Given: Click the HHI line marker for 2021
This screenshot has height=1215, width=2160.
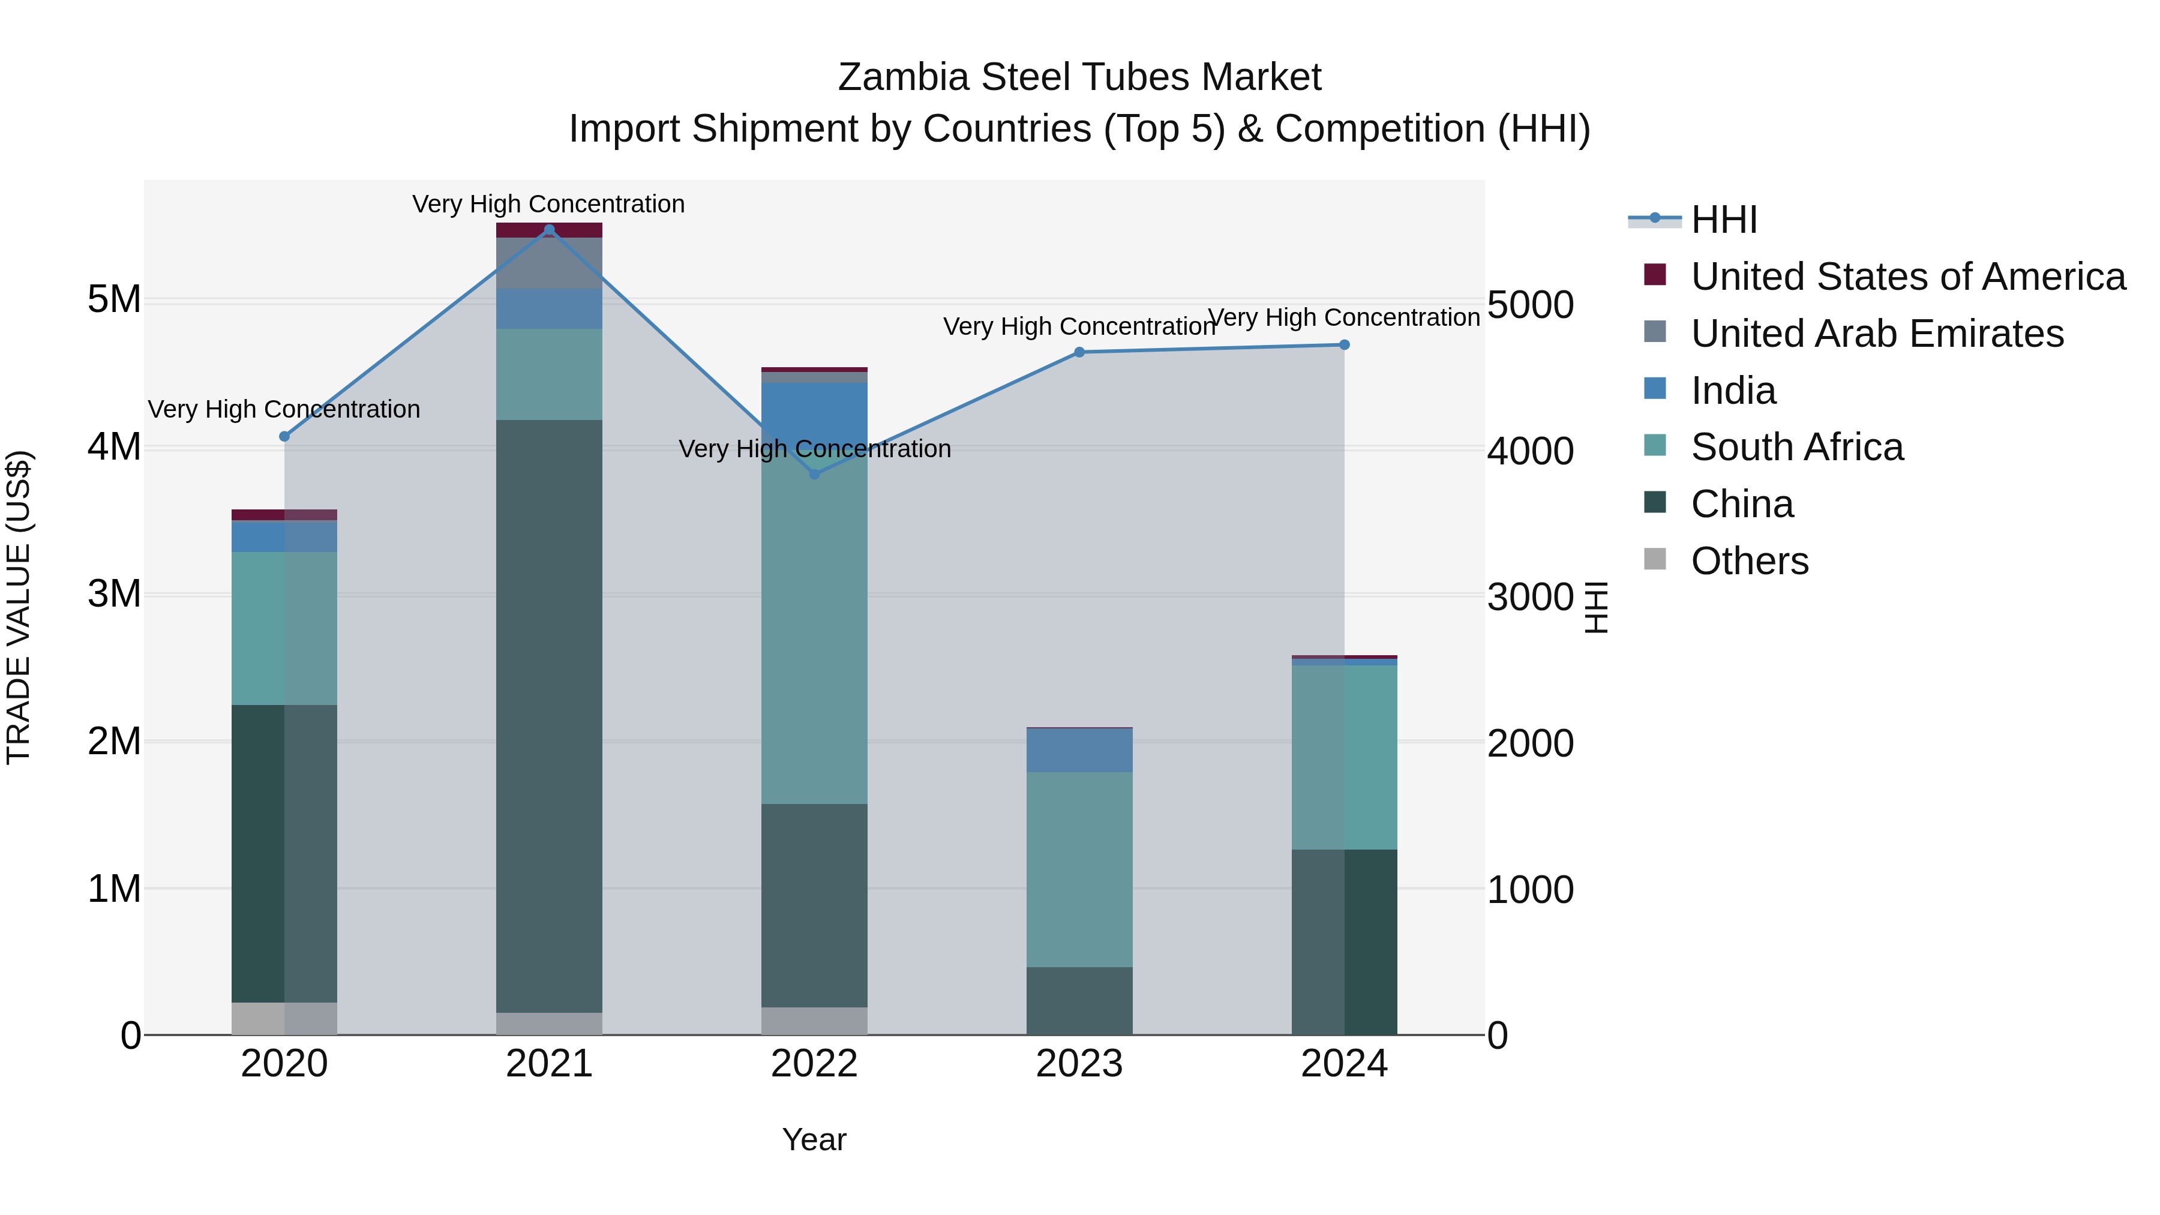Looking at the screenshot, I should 549,230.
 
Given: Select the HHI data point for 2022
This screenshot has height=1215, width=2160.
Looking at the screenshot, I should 814,474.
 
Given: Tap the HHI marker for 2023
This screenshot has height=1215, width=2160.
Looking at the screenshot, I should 1079,352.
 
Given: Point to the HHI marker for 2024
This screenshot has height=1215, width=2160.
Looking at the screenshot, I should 1344,344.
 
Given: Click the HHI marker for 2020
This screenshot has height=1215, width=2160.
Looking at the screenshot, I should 284,436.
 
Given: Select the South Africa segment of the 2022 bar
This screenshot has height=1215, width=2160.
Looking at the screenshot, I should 814,629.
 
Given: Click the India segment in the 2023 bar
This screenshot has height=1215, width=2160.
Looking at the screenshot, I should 1079,751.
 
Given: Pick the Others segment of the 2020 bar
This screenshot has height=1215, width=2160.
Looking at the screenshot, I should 284,1018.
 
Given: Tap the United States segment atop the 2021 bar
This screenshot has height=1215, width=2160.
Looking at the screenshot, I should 549,230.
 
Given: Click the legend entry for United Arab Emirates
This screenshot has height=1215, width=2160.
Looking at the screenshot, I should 1877,334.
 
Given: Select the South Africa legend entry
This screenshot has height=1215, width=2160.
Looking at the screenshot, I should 1796,447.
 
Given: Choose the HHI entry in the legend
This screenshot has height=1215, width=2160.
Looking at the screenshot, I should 1723,220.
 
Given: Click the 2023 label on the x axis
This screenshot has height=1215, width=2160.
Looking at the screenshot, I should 1079,1064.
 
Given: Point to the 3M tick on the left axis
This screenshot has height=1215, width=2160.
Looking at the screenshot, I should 114,593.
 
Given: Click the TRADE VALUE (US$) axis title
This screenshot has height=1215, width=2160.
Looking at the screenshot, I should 19,607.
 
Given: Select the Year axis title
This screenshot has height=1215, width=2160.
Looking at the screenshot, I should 814,1139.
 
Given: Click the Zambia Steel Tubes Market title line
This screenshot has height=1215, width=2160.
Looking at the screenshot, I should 1079,77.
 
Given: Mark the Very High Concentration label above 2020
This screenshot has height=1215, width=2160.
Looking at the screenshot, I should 284,409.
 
